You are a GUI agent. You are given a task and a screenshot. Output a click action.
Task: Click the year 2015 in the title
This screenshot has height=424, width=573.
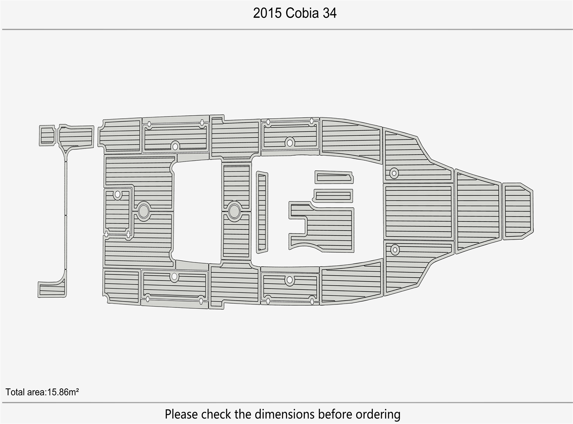(x=267, y=13)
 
